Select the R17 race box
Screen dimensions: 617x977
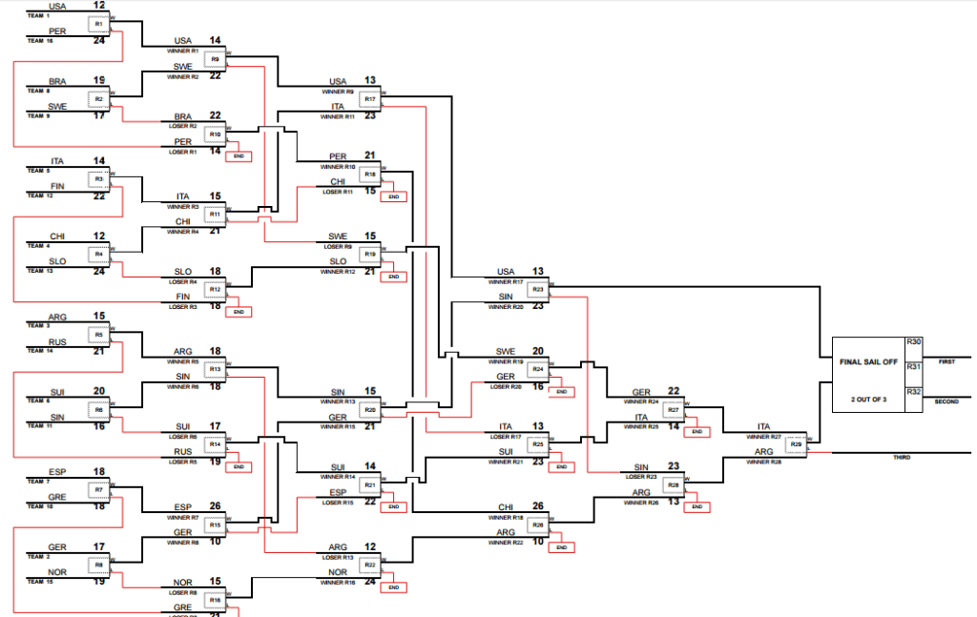370,99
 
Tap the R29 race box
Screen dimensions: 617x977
794,443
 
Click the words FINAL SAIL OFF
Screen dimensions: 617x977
868,362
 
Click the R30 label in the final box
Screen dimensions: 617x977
913,341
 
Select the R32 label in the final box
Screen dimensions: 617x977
913,391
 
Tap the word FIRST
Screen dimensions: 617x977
946,362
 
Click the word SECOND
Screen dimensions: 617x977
946,401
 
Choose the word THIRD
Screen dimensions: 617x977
901,458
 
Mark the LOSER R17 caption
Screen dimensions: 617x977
511,436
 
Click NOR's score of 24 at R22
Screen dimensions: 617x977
370,580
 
